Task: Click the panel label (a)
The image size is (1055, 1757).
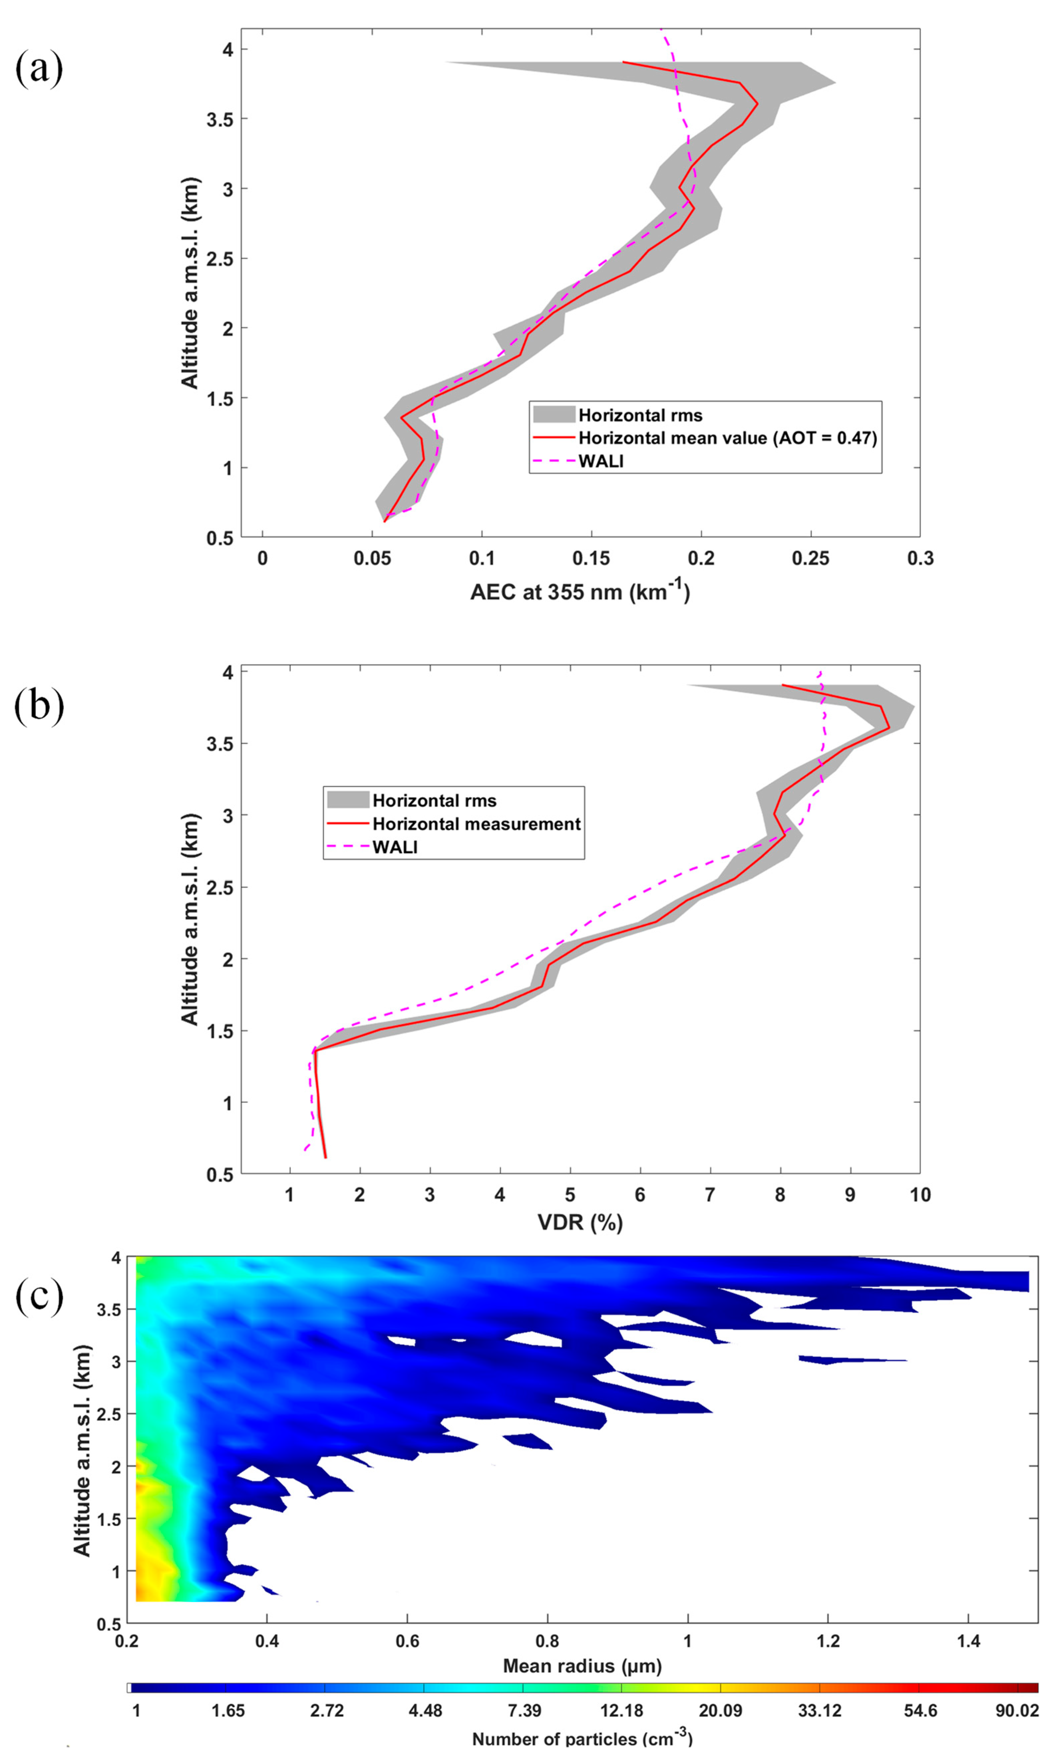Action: (x=39, y=69)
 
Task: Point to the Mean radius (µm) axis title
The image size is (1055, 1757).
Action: (x=582, y=1665)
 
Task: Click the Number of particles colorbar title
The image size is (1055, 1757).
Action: (x=582, y=1738)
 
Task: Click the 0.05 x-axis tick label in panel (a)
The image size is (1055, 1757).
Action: (x=372, y=559)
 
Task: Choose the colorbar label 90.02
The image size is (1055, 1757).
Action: (x=1017, y=1710)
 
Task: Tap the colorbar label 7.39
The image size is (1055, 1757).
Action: (x=524, y=1710)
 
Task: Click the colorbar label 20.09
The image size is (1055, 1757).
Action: (x=720, y=1710)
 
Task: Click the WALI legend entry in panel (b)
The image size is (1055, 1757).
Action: (x=395, y=846)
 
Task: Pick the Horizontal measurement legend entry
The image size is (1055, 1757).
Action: (x=476, y=824)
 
